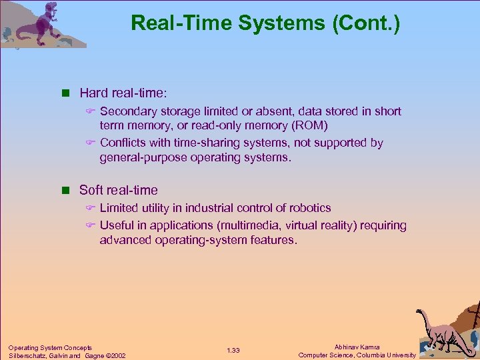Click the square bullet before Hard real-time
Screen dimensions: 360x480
coord(67,93)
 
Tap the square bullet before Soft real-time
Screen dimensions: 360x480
coord(67,190)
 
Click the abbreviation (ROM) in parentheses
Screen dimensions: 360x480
coord(311,126)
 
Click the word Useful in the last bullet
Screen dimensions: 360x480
coord(116,225)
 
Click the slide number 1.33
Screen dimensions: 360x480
coord(233,351)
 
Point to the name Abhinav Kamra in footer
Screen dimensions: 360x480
coord(357,347)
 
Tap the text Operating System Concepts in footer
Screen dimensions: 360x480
coord(50,347)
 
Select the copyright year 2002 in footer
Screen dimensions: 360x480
coord(117,355)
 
